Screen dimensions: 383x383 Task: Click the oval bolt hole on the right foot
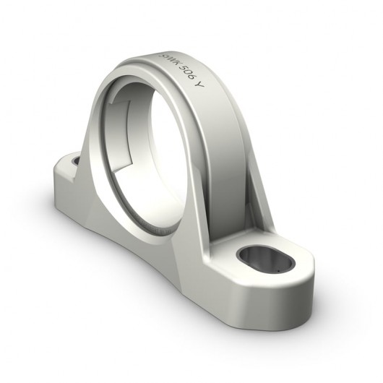coord(262,257)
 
